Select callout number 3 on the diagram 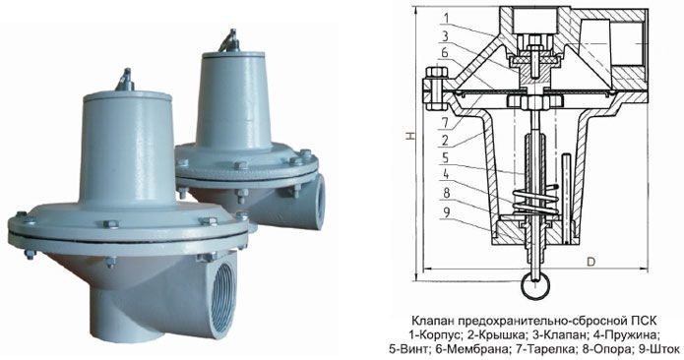tap(445, 35)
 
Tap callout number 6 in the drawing tap(445, 53)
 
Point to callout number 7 tap(445, 123)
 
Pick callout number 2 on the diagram tap(445, 140)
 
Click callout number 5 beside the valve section tap(445, 157)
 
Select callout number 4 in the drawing tap(445, 175)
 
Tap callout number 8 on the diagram tap(445, 193)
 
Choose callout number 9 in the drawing tap(445, 212)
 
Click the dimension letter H tap(410, 137)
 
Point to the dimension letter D tap(591, 262)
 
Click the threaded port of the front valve tap(223, 297)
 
